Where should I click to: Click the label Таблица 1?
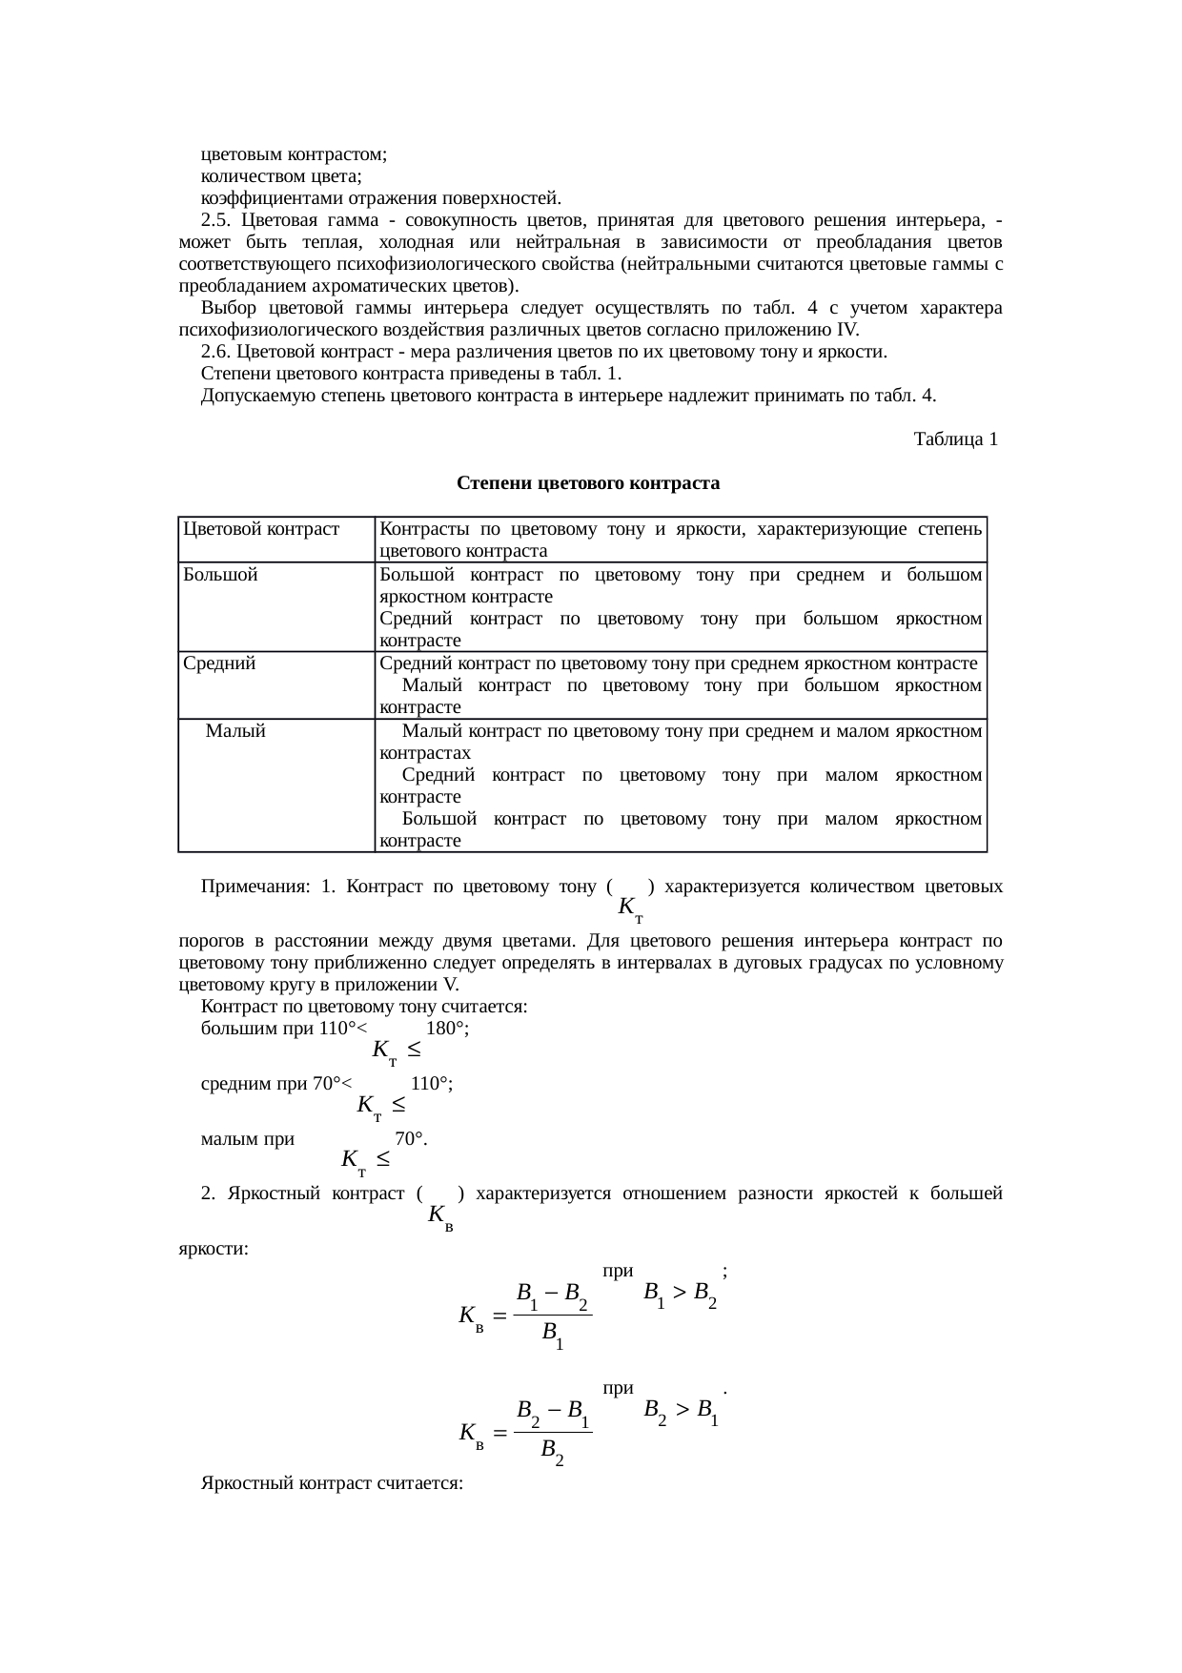(955, 439)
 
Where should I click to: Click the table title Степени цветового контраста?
(588, 483)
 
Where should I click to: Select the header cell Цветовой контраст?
(261, 528)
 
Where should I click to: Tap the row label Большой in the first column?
(220, 575)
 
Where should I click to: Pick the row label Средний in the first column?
(219, 663)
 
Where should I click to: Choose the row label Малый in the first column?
(235, 731)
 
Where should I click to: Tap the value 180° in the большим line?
(446, 1029)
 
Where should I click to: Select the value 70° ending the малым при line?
(410, 1138)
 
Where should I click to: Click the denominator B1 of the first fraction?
(552, 1336)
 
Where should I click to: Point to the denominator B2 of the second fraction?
(551, 1452)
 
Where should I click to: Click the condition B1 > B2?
(680, 1296)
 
